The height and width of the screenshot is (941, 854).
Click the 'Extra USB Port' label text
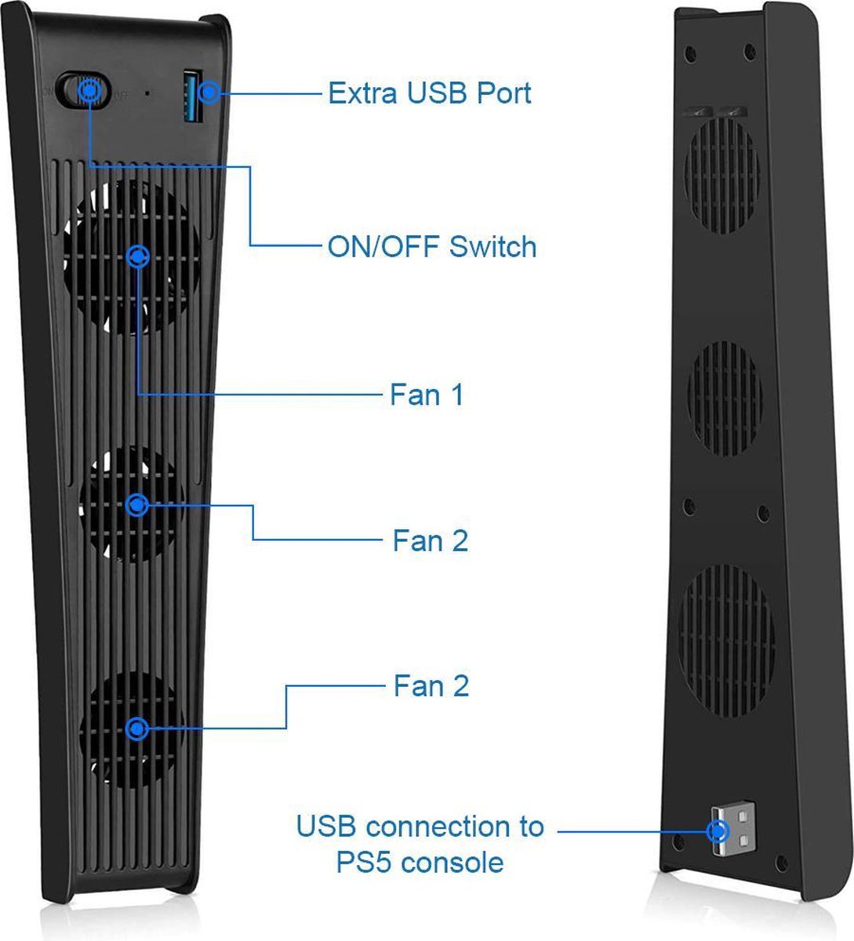[429, 93]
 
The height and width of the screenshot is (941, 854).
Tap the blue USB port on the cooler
[192, 96]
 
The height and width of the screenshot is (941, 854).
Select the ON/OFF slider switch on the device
[83, 90]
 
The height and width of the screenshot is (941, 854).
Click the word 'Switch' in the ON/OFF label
[492, 246]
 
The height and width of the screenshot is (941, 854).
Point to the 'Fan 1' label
[427, 394]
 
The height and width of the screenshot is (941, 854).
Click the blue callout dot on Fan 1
[137, 256]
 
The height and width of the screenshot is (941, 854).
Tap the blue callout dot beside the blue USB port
[209, 92]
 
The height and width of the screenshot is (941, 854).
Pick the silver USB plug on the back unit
[732, 830]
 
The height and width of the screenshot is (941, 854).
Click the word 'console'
[452, 863]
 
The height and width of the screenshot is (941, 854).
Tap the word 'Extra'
[362, 93]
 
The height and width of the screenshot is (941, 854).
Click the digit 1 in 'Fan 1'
[457, 394]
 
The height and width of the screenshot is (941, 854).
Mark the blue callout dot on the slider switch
[89, 90]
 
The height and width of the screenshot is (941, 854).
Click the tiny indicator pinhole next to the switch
[147, 93]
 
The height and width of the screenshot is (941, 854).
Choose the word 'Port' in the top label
[504, 93]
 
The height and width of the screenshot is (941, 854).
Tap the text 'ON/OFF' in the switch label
[384, 246]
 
